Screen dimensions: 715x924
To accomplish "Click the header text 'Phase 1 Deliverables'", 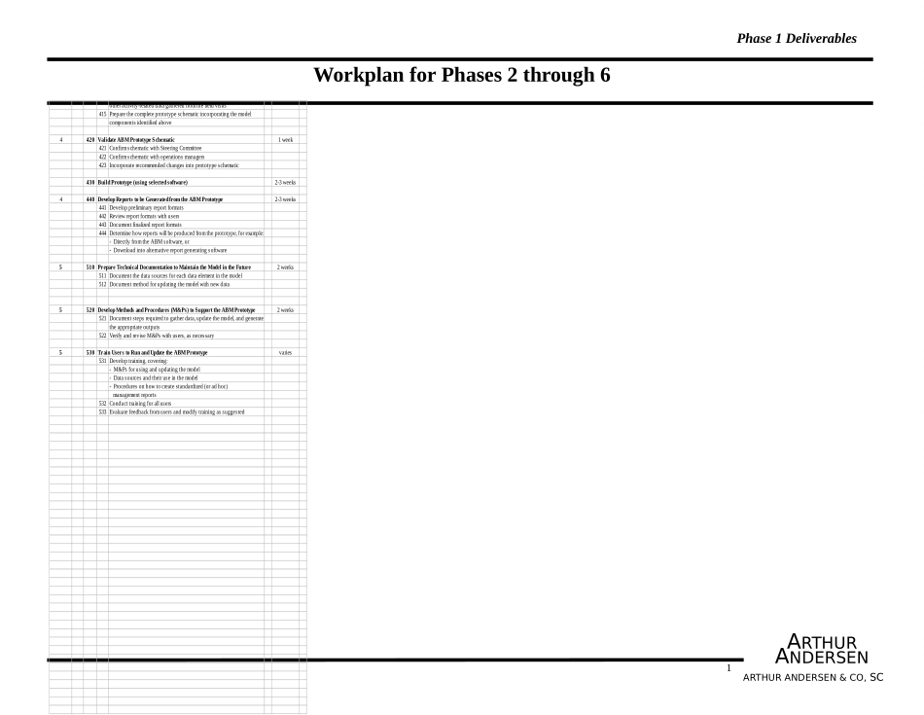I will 797,39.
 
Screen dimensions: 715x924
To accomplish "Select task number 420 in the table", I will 89,140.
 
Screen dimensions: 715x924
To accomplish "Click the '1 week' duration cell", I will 285,140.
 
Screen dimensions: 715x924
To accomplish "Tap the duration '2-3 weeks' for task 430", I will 285,182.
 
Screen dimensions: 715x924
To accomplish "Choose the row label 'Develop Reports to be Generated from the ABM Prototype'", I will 160,199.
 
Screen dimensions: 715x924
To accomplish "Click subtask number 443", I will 102,225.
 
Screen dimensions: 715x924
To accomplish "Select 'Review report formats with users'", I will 144,216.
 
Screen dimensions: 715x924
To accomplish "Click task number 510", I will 89,267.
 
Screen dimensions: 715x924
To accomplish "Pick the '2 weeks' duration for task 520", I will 285,309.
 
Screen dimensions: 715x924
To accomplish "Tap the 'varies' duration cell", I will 285,352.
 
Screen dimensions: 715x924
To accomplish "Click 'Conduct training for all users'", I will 140,403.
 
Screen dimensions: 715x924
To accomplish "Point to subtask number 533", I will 102,411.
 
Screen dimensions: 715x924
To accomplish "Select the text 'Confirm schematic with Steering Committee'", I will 156,148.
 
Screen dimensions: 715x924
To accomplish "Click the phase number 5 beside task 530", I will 60,352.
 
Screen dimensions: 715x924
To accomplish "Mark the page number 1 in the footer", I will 729,668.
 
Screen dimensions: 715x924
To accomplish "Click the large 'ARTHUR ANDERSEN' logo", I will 821,650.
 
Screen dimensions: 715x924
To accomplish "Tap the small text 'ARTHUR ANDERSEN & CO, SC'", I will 813,677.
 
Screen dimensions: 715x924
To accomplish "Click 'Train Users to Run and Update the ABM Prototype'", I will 153,352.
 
